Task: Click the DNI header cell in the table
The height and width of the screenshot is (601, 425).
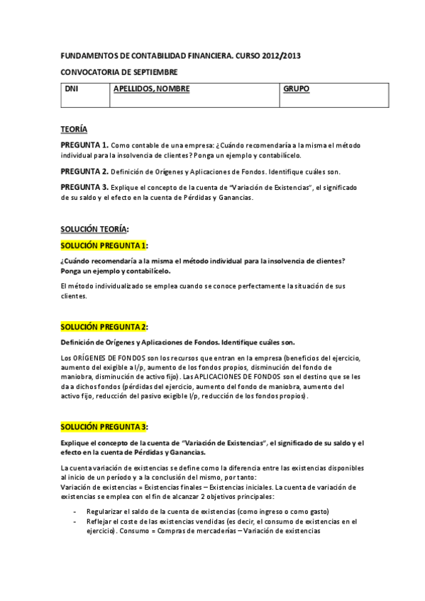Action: pyautogui.click(x=71, y=89)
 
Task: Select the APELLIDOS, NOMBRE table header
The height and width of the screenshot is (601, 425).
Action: pyautogui.click(x=152, y=89)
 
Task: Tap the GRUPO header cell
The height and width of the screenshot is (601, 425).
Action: pyautogui.click(x=296, y=89)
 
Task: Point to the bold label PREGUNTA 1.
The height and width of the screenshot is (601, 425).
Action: pyautogui.click(x=84, y=144)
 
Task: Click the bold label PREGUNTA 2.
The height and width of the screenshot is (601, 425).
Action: pyautogui.click(x=84, y=171)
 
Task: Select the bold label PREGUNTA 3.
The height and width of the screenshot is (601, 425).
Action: pyautogui.click(x=84, y=186)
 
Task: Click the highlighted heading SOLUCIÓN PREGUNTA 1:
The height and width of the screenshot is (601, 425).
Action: pyautogui.click(x=104, y=245)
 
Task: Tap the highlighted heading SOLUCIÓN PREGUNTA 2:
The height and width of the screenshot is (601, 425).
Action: pyautogui.click(x=104, y=326)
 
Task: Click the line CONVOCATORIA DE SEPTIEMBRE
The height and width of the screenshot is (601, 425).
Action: pyautogui.click(x=118, y=72)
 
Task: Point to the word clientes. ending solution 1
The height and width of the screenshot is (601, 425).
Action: pyautogui.click(x=74, y=296)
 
